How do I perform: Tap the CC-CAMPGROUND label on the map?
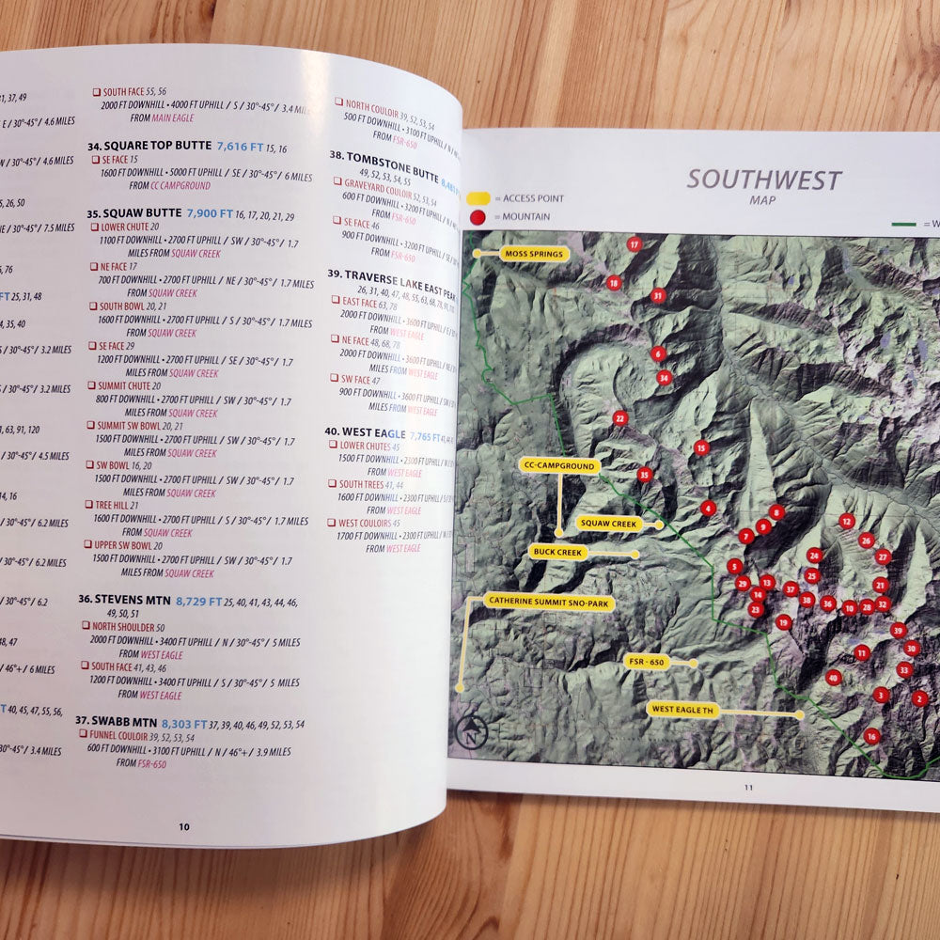560,465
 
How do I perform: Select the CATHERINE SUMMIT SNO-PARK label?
550,601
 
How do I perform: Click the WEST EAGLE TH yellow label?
682,711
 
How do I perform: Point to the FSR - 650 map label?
646,662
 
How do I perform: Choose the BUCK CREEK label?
559,552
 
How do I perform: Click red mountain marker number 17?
634,244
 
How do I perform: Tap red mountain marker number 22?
619,417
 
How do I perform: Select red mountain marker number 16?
871,736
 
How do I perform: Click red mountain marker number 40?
833,677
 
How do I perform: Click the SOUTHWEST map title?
763,179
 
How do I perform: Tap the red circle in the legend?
478,217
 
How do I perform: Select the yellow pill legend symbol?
478,198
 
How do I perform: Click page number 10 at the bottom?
184,826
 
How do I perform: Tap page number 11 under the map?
749,788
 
